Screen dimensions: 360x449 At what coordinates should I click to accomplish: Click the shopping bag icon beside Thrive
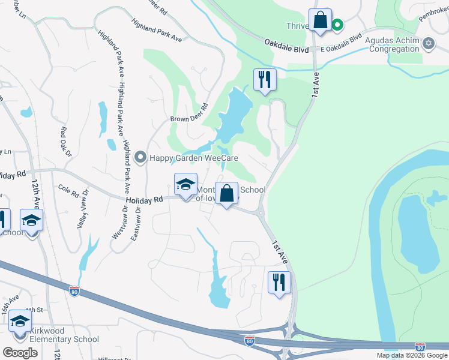[x=321, y=20]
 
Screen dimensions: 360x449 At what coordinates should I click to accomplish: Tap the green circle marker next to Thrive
[x=337, y=25]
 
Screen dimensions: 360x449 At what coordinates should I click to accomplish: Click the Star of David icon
[x=429, y=43]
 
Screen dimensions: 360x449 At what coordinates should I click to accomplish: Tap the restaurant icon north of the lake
[x=264, y=79]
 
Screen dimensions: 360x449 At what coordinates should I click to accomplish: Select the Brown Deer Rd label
[x=188, y=119]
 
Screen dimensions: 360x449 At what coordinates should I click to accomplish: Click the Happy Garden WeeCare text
[x=194, y=158]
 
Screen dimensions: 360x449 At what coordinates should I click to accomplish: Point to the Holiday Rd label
[x=144, y=200]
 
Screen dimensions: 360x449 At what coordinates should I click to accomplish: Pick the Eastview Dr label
[x=136, y=221]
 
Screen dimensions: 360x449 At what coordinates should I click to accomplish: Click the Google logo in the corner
[x=20, y=353]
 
